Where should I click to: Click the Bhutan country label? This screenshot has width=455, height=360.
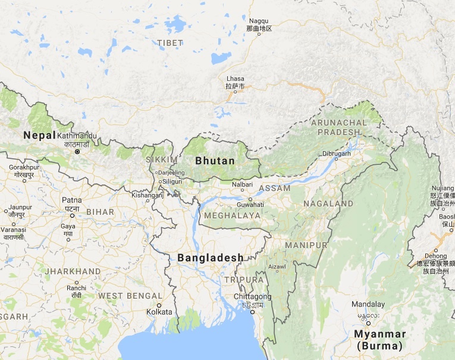215,161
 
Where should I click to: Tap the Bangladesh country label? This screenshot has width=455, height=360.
211,258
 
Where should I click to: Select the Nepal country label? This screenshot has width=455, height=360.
39,136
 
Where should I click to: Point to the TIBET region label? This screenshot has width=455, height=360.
170,43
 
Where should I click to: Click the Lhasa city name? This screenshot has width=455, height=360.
235,79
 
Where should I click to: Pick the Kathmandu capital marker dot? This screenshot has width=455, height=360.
77,152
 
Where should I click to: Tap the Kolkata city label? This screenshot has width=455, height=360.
159,311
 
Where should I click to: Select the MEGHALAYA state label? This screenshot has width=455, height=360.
232,215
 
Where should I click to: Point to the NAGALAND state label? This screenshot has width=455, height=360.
328,204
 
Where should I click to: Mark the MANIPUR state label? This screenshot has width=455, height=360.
306,245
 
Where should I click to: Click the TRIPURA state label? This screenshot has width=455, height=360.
244,279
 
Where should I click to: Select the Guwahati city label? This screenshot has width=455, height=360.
249,204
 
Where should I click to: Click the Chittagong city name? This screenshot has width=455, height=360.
252,296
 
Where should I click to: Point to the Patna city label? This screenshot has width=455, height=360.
72,200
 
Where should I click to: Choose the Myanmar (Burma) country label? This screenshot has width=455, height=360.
379,339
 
